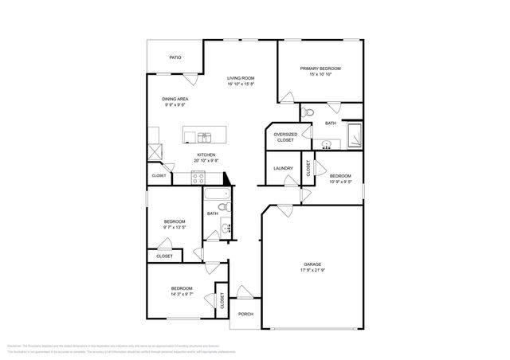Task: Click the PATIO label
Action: (175, 57)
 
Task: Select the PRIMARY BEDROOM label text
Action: (320, 69)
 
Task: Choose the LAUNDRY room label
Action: (283, 168)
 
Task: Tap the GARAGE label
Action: (312, 264)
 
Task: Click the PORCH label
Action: (245, 314)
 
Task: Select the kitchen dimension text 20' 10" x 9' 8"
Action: (206, 161)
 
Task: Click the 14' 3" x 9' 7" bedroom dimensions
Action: (181, 294)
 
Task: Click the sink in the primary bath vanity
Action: (328, 144)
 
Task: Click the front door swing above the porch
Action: (243, 292)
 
